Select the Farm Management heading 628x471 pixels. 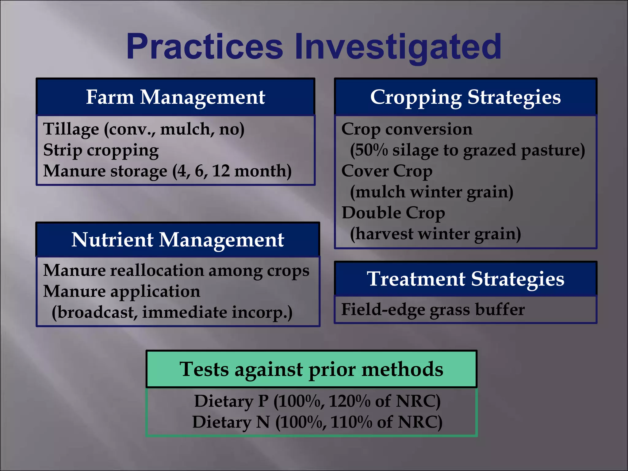click(x=175, y=97)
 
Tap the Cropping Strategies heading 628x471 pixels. click(x=465, y=97)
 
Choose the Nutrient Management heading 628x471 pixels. click(x=178, y=240)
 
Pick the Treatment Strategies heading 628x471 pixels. click(x=465, y=279)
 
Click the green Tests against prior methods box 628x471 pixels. click(x=311, y=369)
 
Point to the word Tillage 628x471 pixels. click(x=71, y=129)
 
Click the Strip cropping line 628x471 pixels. click(x=101, y=150)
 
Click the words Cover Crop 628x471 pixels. click(x=387, y=171)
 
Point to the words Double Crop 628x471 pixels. click(x=393, y=213)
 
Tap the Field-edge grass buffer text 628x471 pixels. click(x=433, y=309)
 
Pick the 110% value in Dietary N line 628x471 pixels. click(x=351, y=422)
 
